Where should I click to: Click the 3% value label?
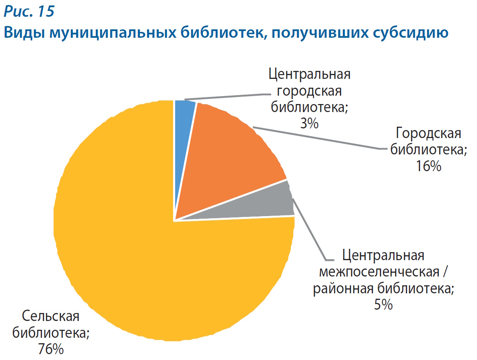pyautogui.click(x=309, y=123)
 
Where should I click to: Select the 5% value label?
pyautogui.click(x=383, y=304)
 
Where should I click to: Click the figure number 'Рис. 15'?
pyautogui.click(x=29, y=12)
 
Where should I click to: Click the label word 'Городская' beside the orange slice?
pyautogui.click(x=428, y=134)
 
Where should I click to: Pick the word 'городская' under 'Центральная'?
pyautogui.click(x=309, y=91)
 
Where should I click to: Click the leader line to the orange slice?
pyautogui.click(x=319, y=138)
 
